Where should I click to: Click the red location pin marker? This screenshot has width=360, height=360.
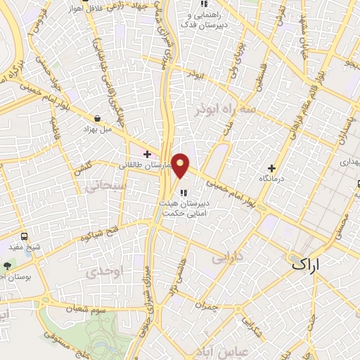(181, 165)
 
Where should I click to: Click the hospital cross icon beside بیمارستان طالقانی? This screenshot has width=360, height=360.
(147, 153)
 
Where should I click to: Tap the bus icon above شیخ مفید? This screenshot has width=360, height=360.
(25, 237)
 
